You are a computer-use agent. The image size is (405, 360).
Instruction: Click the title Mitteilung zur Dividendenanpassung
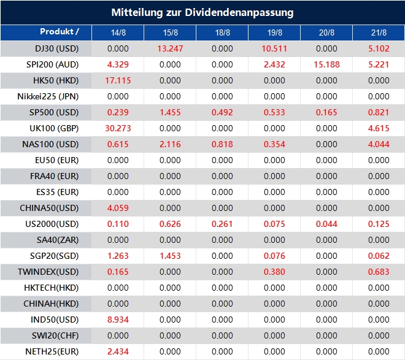(x=202, y=12)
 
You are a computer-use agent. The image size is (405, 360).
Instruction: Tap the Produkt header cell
(x=60, y=31)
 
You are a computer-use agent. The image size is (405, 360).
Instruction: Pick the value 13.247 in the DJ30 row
(x=170, y=48)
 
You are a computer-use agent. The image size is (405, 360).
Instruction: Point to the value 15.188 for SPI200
(x=327, y=64)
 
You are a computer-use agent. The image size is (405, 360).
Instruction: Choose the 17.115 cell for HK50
(x=118, y=80)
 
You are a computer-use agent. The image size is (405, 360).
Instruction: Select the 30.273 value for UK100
(x=118, y=128)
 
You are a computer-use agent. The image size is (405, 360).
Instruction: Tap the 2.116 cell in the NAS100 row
(x=170, y=144)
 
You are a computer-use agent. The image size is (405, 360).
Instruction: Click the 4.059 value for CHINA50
(x=118, y=208)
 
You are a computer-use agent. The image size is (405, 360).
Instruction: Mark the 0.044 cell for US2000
(x=327, y=224)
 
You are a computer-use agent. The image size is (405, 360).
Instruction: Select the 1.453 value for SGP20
(x=170, y=256)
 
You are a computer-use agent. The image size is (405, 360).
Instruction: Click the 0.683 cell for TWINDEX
(x=379, y=272)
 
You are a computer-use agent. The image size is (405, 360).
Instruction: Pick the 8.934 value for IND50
(x=118, y=320)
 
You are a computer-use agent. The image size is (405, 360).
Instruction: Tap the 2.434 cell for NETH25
(x=118, y=351)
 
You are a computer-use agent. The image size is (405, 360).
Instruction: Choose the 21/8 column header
(x=379, y=32)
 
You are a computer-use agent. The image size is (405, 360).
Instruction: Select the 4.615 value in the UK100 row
(x=379, y=128)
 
